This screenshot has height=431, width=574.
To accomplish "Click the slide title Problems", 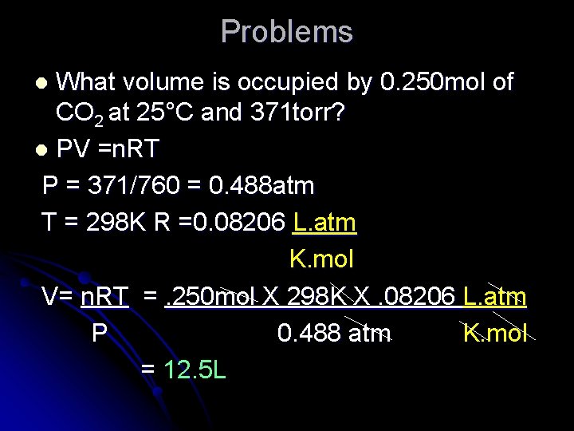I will pos(286,32).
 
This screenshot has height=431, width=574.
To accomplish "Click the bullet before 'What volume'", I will pos(45,83).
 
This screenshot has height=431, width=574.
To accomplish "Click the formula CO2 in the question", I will pos(78,114).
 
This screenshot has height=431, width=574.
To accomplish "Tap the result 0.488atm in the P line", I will pos(261,186).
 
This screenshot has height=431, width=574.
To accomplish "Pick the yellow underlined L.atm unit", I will pos(324,223).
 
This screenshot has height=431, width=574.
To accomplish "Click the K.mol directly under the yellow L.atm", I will pos(321,259).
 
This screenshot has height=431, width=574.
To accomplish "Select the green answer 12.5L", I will pos(195,370).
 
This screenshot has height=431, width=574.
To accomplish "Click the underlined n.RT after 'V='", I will pos(104,297).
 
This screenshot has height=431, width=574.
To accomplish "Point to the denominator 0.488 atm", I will pos(333,333).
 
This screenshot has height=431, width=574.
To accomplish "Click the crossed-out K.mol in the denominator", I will pos(495,333).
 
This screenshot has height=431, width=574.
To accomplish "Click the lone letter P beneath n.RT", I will pos(99,333).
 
